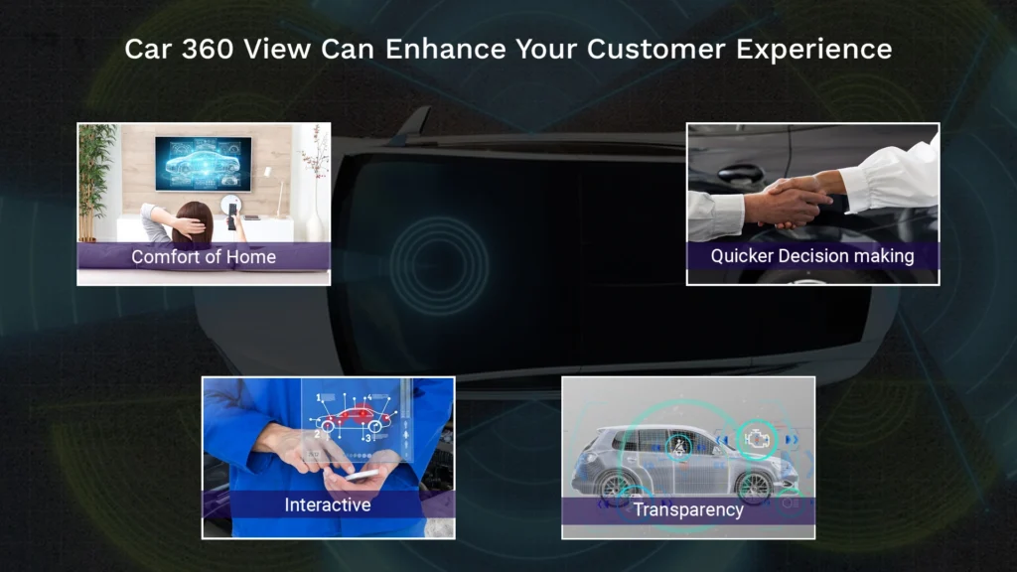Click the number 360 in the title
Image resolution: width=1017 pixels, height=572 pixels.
pyautogui.click(x=207, y=50)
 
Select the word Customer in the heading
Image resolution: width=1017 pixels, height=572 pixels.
pyautogui.click(x=655, y=50)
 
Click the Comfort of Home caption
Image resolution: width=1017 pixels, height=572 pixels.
pyautogui.click(x=204, y=257)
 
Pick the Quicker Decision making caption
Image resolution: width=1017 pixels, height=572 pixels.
pyautogui.click(x=812, y=256)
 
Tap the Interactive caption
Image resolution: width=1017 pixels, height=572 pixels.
pyautogui.click(x=328, y=504)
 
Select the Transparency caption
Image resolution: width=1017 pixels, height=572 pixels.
pyautogui.click(x=688, y=509)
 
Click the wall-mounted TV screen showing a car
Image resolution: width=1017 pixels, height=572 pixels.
pyautogui.click(x=203, y=164)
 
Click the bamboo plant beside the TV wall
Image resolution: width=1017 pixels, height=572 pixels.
pyautogui.click(x=93, y=182)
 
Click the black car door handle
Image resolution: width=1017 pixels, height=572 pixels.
pyautogui.click(x=740, y=173)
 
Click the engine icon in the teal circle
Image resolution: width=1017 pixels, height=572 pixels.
pyautogui.click(x=756, y=440)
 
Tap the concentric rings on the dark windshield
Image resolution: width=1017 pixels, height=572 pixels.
pyautogui.click(x=439, y=266)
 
